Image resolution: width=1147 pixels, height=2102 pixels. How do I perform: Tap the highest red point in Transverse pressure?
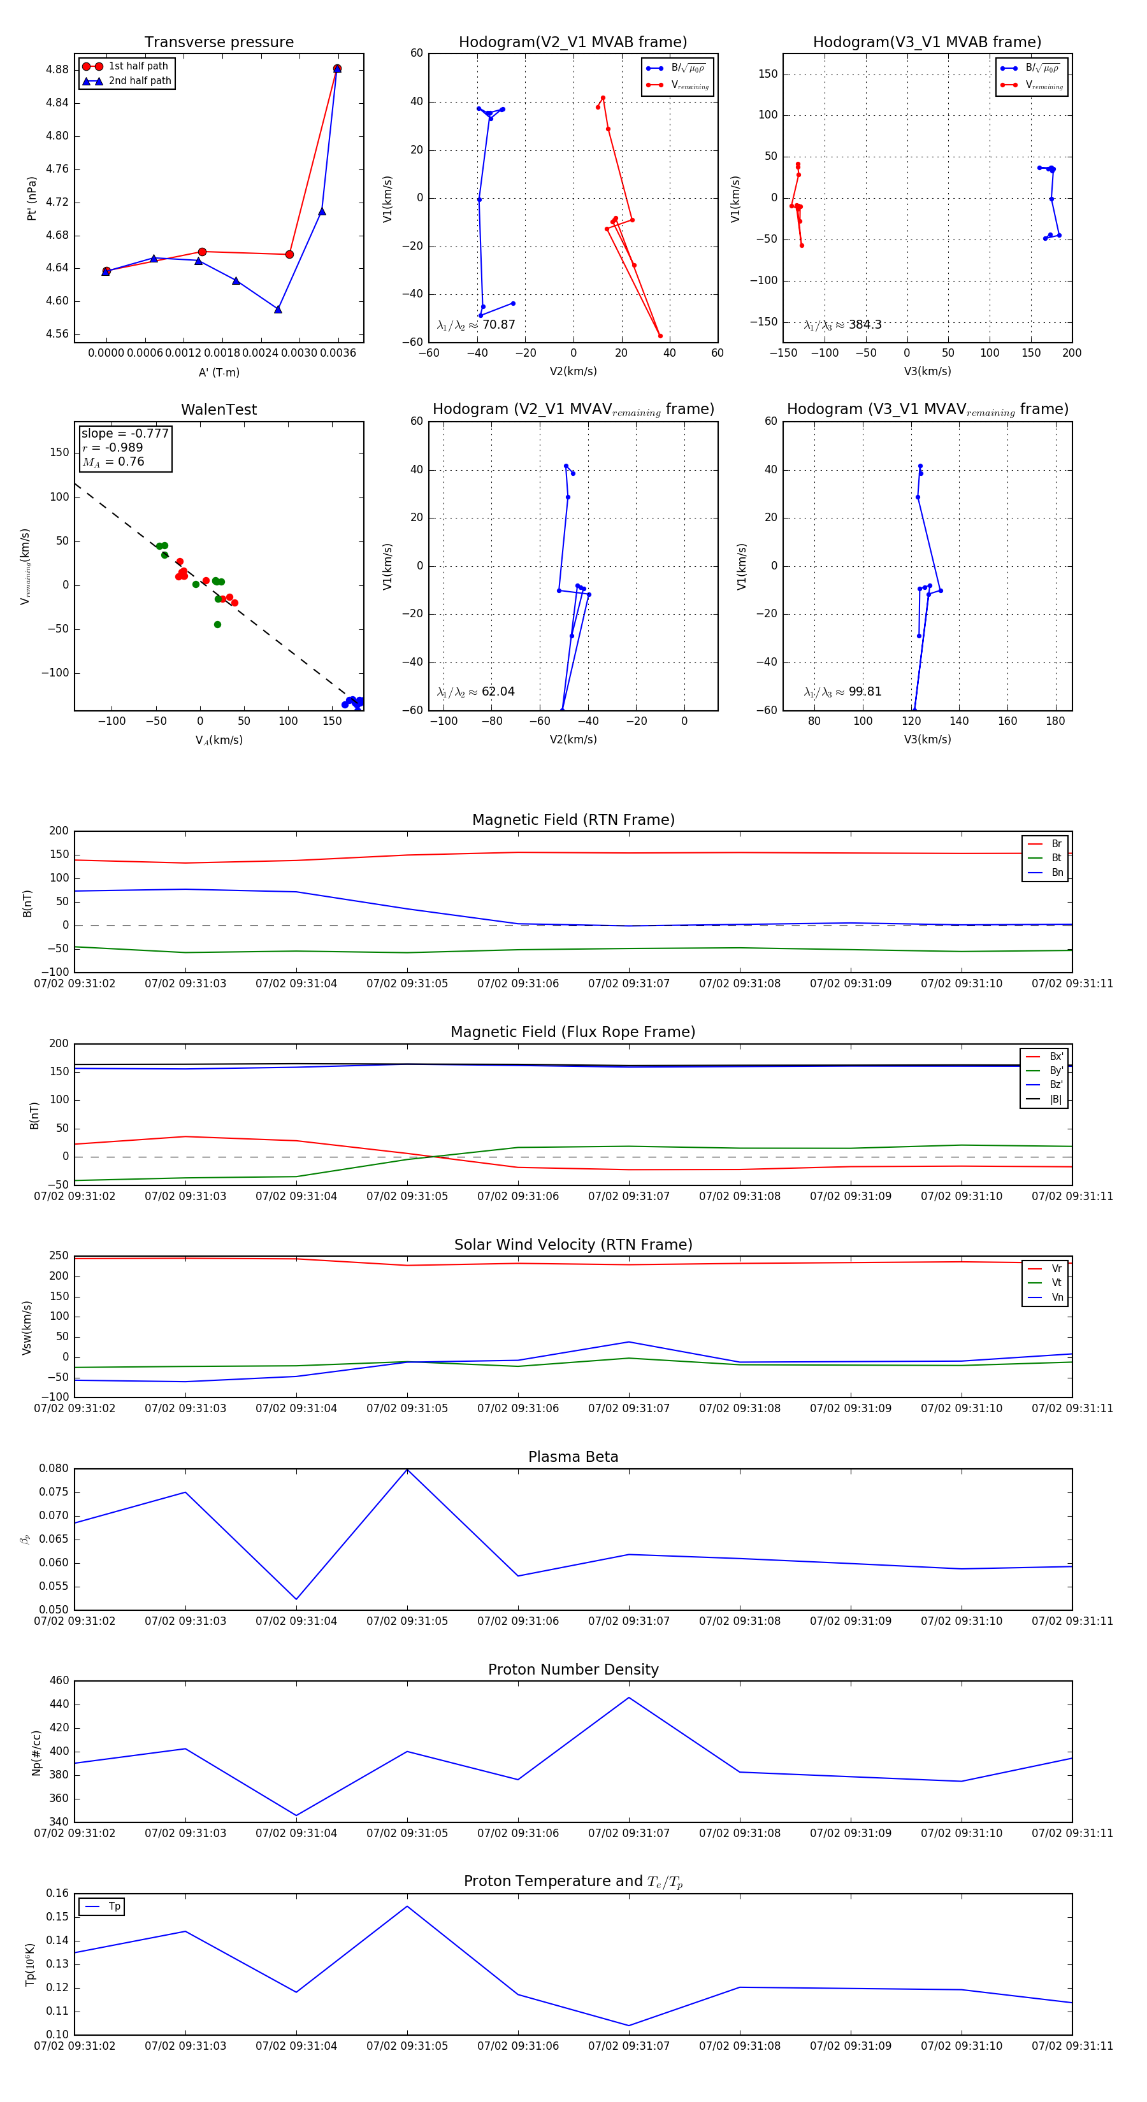click(337, 69)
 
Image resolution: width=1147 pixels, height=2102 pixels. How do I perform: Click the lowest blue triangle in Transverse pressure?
click(278, 310)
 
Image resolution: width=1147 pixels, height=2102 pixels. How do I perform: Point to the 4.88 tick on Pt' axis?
click(57, 69)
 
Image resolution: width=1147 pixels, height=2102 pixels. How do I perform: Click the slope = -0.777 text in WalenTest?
click(125, 433)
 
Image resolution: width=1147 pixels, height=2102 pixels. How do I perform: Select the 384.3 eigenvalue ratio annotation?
click(843, 325)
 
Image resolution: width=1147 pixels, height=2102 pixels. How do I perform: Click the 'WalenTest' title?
click(219, 410)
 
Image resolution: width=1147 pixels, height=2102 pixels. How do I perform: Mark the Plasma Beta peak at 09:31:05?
click(407, 1469)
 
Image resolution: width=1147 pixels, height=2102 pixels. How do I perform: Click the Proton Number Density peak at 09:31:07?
click(628, 1698)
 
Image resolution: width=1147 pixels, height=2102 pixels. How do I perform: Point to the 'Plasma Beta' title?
click(573, 1457)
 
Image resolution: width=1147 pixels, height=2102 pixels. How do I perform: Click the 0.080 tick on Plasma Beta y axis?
click(54, 1468)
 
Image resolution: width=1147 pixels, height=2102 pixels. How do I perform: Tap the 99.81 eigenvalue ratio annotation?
click(843, 692)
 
